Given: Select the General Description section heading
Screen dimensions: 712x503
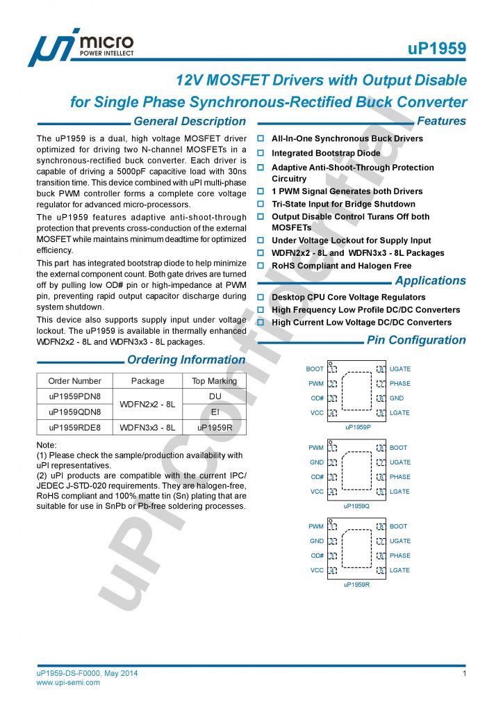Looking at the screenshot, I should pyautogui.click(x=189, y=122).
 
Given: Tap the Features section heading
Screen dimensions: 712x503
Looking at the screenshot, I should pyautogui.click(x=441, y=121).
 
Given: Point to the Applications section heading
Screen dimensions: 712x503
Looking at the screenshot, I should pyautogui.click(x=431, y=281).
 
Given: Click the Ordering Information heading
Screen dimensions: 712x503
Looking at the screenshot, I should pyautogui.click(x=185, y=360).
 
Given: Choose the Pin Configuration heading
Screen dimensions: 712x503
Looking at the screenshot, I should pyautogui.click(x=416, y=340).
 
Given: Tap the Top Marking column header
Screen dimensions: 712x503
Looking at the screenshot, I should pyautogui.click(x=214, y=381).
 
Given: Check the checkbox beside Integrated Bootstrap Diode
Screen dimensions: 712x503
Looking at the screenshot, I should pyautogui.click(x=261, y=153).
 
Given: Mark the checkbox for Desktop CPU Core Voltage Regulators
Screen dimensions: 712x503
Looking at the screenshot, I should pyautogui.click(x=261, y=298).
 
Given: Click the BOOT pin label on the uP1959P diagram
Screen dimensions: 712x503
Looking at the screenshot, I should pyautogui.click(x=315, y=369).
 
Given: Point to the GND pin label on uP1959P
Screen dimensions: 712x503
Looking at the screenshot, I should pyautogui.click(x=397, y=398).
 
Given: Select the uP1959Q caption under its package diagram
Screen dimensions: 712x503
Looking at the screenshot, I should pyautogui.click(x=357, y=505).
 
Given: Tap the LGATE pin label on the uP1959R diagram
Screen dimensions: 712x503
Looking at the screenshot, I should pyautogui.click(x=399, y=570).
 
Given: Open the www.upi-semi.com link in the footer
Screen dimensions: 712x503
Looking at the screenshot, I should pyautogui.click(x=68, y=683).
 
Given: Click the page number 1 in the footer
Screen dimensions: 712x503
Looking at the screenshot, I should pyautogui.click(x=463, y=674).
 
